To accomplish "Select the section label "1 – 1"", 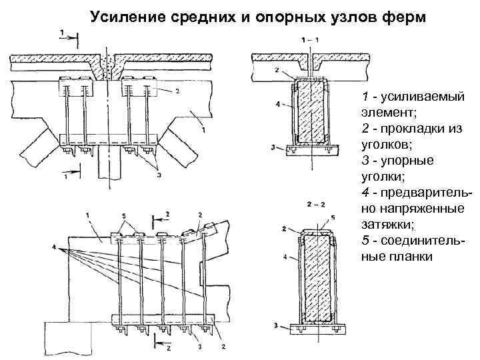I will [311, 40].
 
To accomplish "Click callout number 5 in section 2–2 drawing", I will [333, 217].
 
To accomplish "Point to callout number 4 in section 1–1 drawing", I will [277, 104].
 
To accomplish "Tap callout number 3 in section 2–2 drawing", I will [275, 325].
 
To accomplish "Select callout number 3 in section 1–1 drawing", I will [275, 147].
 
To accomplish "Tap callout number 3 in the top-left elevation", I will [159, 175].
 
